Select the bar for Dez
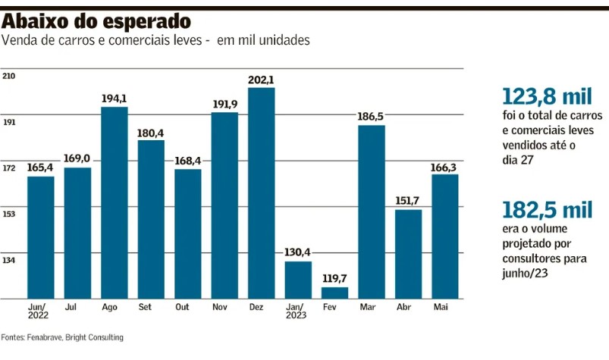coord(261,193)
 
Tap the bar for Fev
coord(334,293)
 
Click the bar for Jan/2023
coord(298,280)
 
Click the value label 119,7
coord(334,280)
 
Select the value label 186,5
coord(371,117)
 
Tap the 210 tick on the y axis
coord(9,76)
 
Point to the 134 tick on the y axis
coord(9,261)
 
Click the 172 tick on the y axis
coord(9,168)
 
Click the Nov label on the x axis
coord(224,307)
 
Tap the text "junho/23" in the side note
coord(523,276)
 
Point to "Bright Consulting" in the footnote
coord(94,337)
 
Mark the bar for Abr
coord(408,254)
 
